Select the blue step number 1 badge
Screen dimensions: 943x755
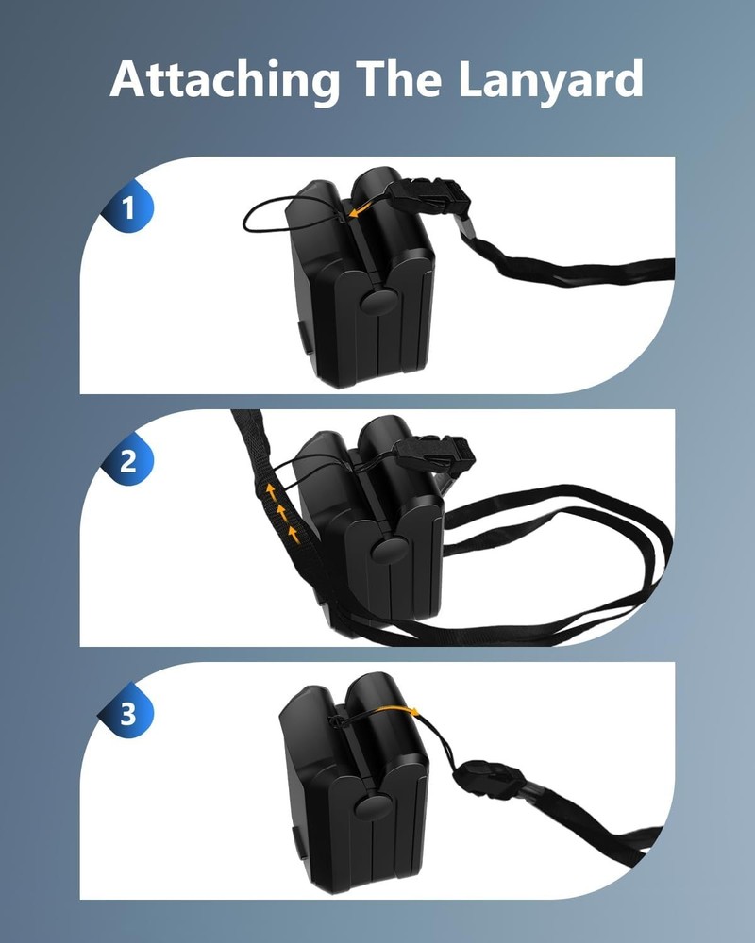[x=128, y=209]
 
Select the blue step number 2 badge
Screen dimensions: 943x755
[x=128, y=462]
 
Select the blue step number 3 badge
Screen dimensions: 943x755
[x=128, y=715]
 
